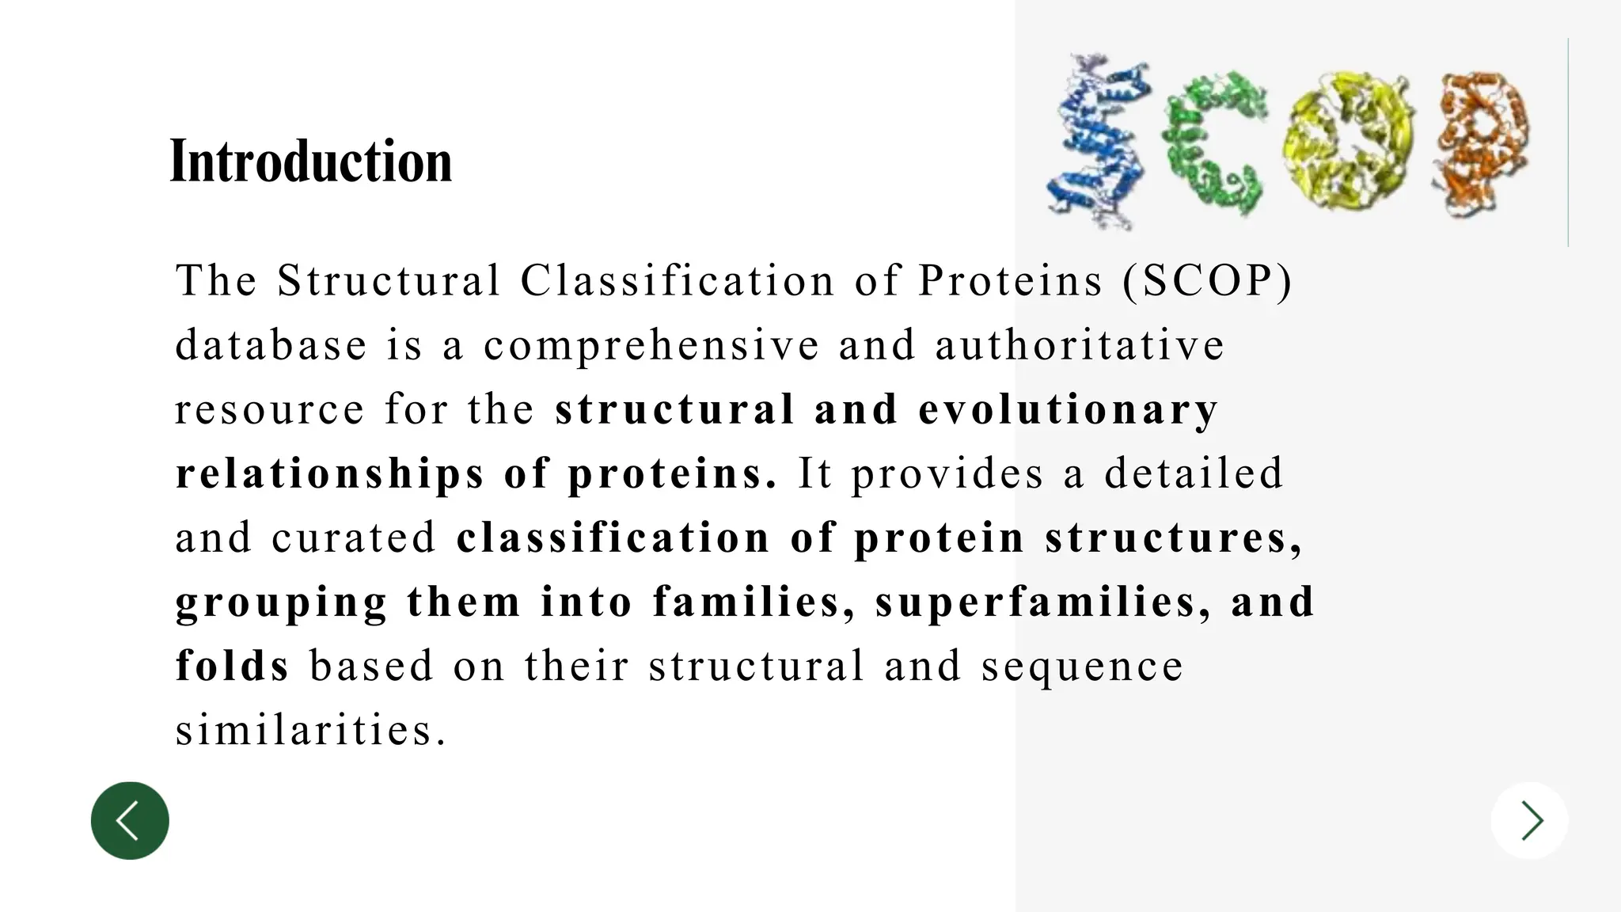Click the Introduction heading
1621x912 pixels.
click(311, 161)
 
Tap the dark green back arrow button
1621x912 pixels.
click(130, 820)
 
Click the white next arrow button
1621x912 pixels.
click(1530, 820)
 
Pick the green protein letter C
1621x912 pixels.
click(1214, 142)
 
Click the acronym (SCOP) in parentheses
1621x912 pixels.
click(1207, 281)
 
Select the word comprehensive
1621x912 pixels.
click(651, 345)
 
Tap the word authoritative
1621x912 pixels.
click(1080, 345)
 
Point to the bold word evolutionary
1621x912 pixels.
click(1069, 409)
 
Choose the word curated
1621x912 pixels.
click(354, 538)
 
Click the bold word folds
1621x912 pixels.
click(233, 666)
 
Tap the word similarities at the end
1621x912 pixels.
click(310, 730)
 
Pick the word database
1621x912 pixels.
click(271, 345)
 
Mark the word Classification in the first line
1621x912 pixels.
click(678, 281)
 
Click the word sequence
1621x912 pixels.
click(1082, 666)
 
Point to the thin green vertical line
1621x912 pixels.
click(1568, 142)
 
